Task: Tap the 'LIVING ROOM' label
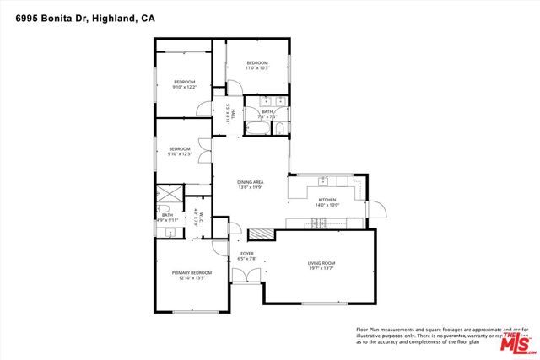[x=321, y=263]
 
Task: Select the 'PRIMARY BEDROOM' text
[x=192, y=272]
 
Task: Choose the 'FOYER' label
[x=247, y=252]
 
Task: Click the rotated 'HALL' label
[x=229, y=114]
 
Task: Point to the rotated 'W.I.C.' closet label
[x=195, y=218]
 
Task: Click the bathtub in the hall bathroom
[x=257, y=129]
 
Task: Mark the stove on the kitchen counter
[x=320, y=223]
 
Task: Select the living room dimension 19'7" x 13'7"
[x=321, y=269]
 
